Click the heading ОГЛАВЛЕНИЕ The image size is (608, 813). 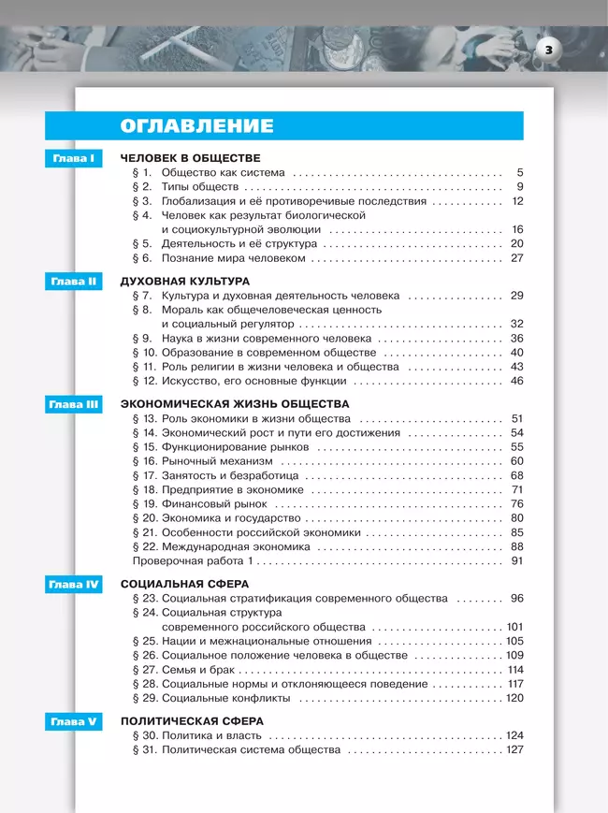pos(196,126)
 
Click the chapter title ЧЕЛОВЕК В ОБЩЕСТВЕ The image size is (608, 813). pos(190,158)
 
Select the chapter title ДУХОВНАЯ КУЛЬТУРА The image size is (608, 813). pos(185,281)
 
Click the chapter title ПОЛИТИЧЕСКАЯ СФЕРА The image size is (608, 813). pos(192,721)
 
